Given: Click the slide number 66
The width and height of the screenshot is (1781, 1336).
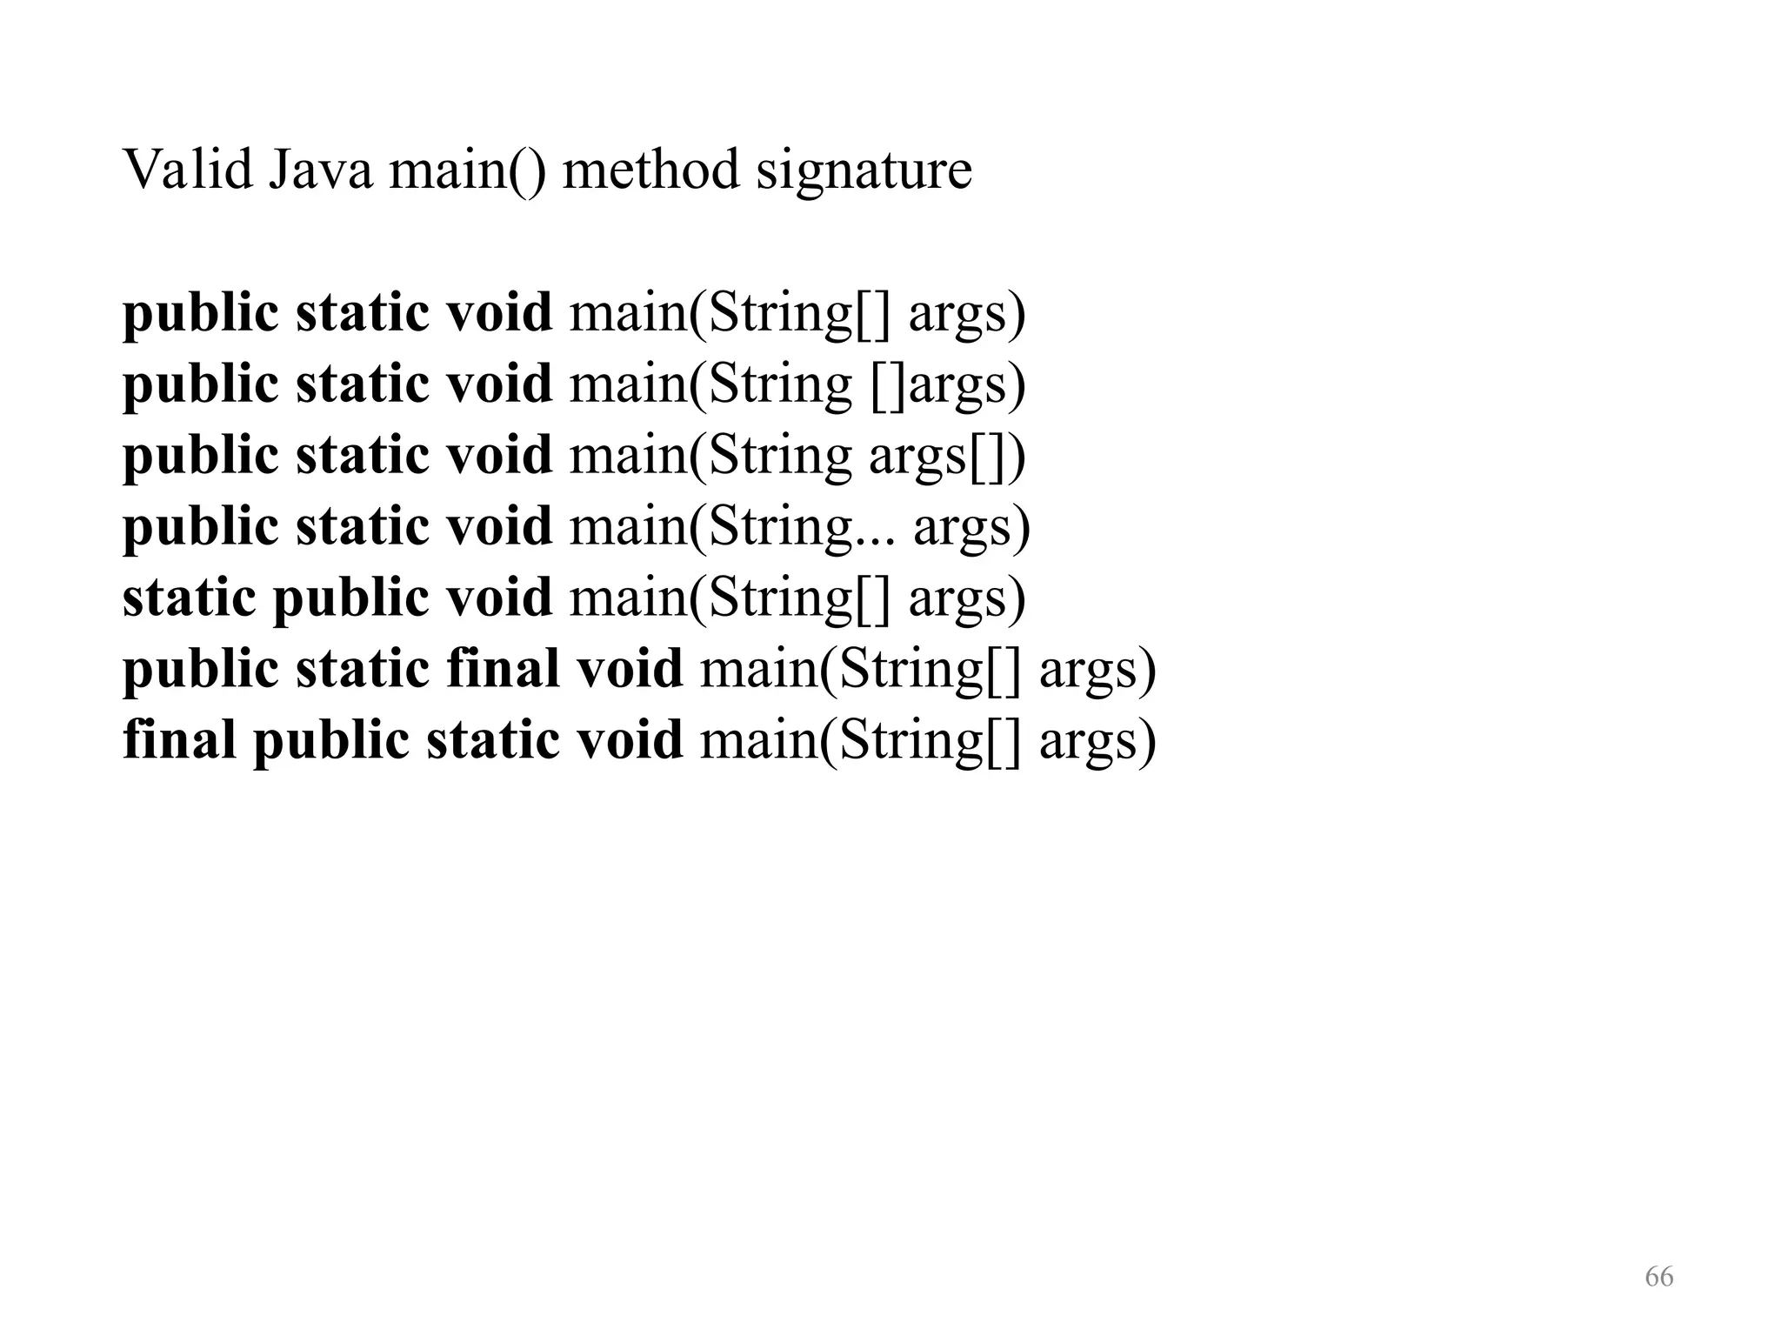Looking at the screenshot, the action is coord(1658,1277).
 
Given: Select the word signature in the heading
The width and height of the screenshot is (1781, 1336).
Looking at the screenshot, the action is coord(864,170).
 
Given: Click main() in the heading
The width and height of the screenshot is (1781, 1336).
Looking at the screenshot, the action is coord(468,170).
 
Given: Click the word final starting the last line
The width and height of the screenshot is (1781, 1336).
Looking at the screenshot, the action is coord(179,739).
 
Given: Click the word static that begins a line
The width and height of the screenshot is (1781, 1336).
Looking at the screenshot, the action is coord(189,597).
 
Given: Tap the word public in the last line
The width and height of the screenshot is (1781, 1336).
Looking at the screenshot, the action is coord(330,741).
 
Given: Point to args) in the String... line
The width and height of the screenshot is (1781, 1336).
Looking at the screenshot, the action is coord(971,527).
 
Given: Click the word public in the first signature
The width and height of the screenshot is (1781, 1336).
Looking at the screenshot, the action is coord(201,313).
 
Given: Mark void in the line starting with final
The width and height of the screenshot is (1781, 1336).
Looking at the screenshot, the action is coord(630,739).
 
